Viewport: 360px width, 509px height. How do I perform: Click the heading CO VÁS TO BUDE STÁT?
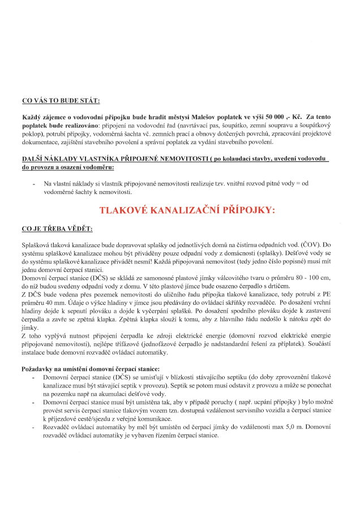[x=61, y=101]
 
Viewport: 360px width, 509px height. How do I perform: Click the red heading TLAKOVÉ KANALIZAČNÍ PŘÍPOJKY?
[x=187, y=210]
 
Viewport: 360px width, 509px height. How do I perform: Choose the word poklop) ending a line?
[x=33, y=132]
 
